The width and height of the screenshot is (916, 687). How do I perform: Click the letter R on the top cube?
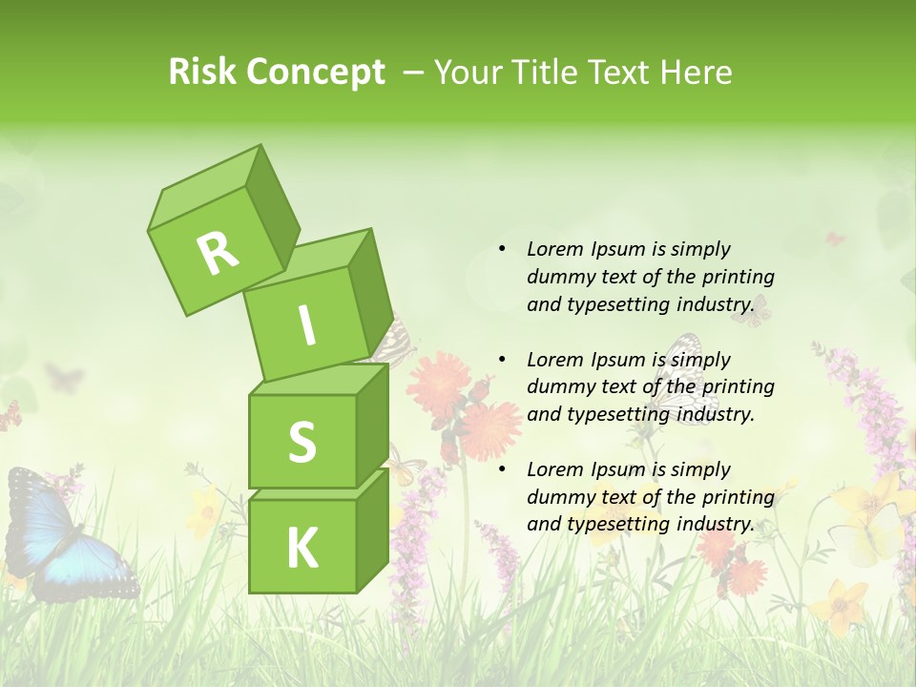[x=218, y=253]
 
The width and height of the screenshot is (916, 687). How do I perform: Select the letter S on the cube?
[x=302, y=442]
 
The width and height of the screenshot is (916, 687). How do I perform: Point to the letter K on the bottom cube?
[x=302, y=548]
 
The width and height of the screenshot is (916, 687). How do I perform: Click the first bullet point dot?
[x=502, y=249]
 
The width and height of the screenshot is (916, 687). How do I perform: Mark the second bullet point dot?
[x=502, y=360]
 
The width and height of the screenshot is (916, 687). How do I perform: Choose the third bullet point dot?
[x=502, y=469]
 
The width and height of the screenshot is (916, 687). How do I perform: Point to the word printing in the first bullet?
[x=738, y=277]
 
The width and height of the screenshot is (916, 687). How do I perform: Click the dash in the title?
[x=415, y=73]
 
